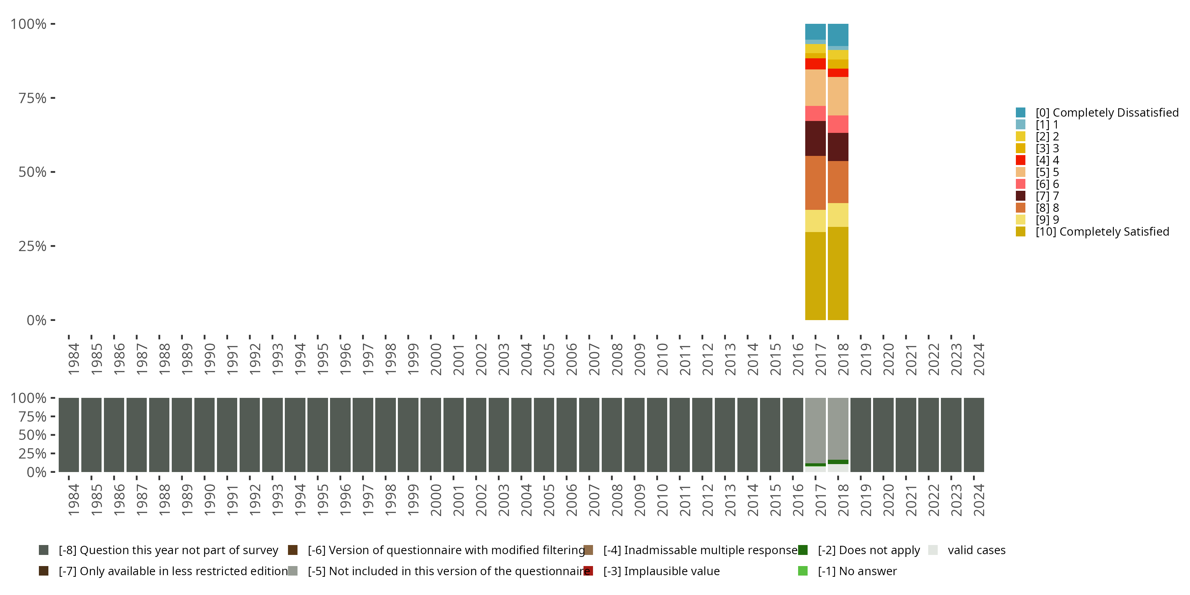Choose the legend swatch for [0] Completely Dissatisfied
tap(1021, 112)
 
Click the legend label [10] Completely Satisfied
tap(1102, 231)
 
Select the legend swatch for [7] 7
tap(1021, 196)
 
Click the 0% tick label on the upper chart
tap(36, 320)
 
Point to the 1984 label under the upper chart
tap(73, 359)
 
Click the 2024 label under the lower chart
tap(979, 500)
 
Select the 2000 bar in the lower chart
tap(430, 435)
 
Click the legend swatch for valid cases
tap(933, 550)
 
